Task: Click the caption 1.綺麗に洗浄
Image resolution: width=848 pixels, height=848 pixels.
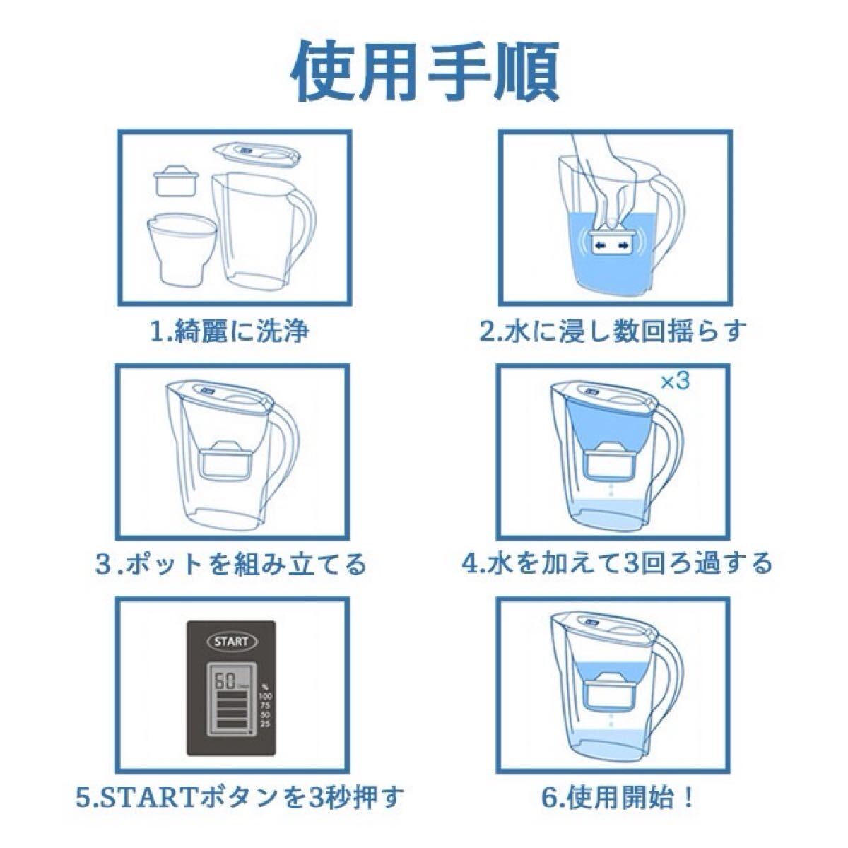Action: pyautogui.click(x=230, y=330)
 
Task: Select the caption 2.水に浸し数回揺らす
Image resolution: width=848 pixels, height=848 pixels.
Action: pyautogui.click(x=613, y=330)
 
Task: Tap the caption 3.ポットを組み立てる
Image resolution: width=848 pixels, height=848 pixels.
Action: pyautogui.click(x=231, y=563)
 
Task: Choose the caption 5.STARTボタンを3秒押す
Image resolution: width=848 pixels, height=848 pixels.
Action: pyautogui.click(x=240, y=799)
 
